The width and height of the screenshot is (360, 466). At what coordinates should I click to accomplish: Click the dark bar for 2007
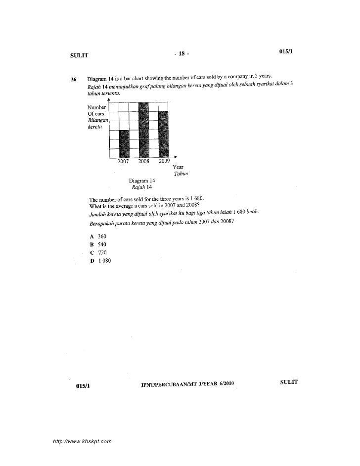tap(124, 143)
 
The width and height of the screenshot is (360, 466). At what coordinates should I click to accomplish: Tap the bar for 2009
tap(164, 134)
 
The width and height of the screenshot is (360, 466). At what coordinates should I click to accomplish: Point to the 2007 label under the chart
tap(123, 161)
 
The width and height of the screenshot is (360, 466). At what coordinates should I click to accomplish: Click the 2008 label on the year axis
tap(143, 161)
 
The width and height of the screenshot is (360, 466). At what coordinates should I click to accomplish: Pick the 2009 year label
tap(164, 161)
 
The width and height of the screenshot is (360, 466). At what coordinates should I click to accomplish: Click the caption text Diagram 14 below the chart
tap(141, 181)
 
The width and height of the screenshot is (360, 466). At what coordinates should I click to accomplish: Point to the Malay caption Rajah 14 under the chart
tap(141, 187)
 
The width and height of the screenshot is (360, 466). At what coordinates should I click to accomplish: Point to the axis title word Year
tap(178, 167)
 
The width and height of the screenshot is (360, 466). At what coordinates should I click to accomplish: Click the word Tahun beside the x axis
tap(180, 174)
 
